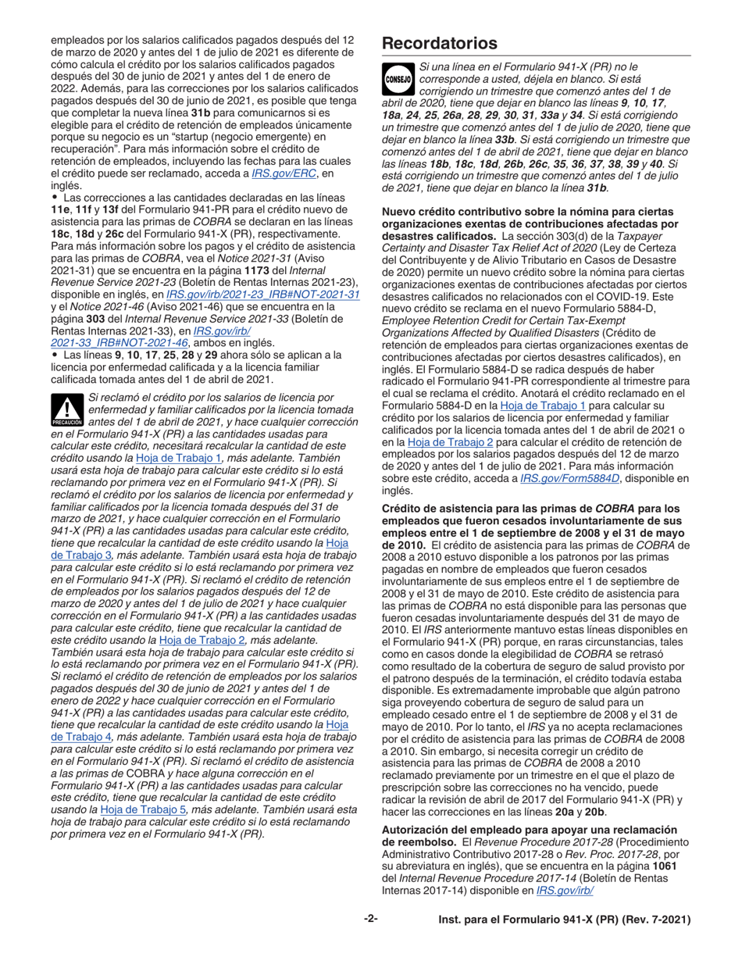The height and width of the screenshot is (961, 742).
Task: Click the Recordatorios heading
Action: [x=439, y=44]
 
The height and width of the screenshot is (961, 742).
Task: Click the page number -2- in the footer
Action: [x=371, y=920]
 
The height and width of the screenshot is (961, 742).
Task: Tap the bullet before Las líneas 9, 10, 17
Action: [x=54, y=355]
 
